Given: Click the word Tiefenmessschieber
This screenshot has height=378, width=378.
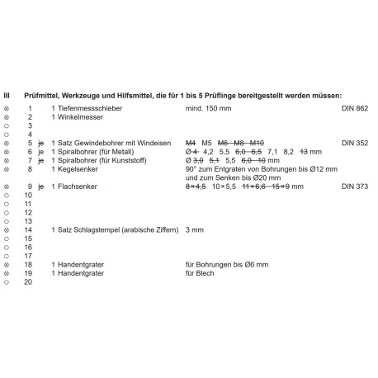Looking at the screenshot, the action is click(89, 108).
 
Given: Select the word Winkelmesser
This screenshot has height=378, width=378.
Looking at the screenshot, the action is click(80, 117).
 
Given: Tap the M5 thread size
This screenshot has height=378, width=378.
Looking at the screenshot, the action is click(206, 143).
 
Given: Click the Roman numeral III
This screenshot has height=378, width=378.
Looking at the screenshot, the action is click(7, 95).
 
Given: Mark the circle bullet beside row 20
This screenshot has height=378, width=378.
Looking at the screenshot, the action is click(7, 281).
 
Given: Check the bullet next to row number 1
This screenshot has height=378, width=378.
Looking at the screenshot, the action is click(7, 108).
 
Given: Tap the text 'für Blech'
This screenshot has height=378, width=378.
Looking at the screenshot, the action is click(200, 273).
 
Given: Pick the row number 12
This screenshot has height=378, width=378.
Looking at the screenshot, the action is click(29, 212).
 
